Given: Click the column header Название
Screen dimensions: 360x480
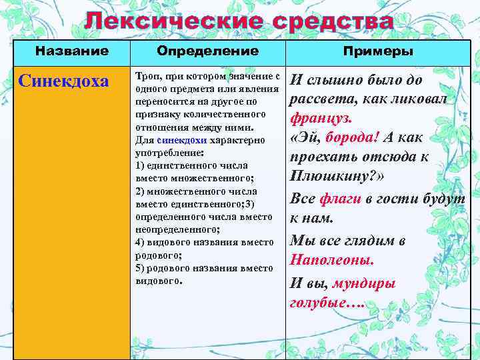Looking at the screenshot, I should coord(71,51).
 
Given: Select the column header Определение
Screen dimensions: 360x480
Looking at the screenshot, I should coord(207,51).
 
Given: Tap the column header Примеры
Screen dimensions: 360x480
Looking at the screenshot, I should coord(378,51).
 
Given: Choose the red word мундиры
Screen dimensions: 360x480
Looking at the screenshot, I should coord(364,283).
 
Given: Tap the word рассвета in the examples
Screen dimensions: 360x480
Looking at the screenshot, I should coord(318,99).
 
